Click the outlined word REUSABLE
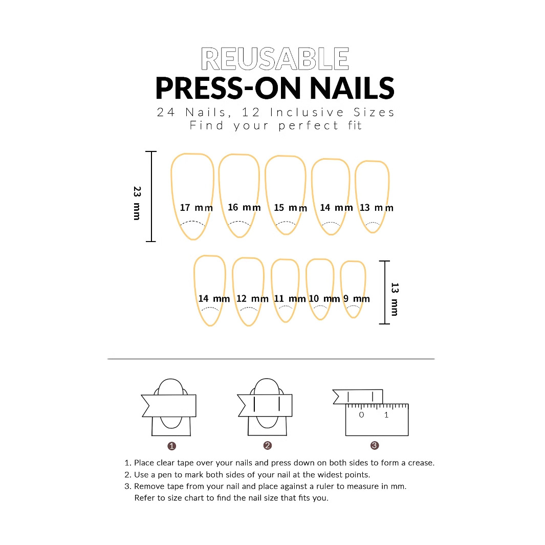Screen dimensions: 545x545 click(x=275, y=59)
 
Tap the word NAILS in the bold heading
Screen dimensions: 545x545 click(x=352, y=89)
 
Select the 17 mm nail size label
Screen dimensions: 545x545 click(x=196, y=207)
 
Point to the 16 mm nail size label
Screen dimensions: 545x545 click(x=244, y=207)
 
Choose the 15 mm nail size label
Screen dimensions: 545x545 click(x=290, y=208)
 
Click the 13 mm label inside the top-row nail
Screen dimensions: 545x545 click(x=377, y=208)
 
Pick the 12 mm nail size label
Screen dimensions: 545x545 click(x=252, y=299)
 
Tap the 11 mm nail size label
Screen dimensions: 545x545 click(x=290, y=299)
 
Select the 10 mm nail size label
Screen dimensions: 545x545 click(x=324, y=299)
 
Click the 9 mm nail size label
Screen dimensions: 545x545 click(x=357, y=299)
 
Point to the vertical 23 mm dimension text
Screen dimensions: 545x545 click(x=137, y=203)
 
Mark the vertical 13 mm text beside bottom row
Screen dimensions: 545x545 click(x=395, y=299)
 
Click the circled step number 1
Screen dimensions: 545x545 click(x=172, y=446)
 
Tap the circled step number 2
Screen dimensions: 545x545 click(x=267, y=446)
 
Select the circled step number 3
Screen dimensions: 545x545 click(x=375, y=446)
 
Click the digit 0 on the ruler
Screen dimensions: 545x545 click(x=361, y=415)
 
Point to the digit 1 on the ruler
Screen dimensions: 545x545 click(x=386, y=415)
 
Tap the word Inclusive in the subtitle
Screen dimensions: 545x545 click(x=307, y=112)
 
